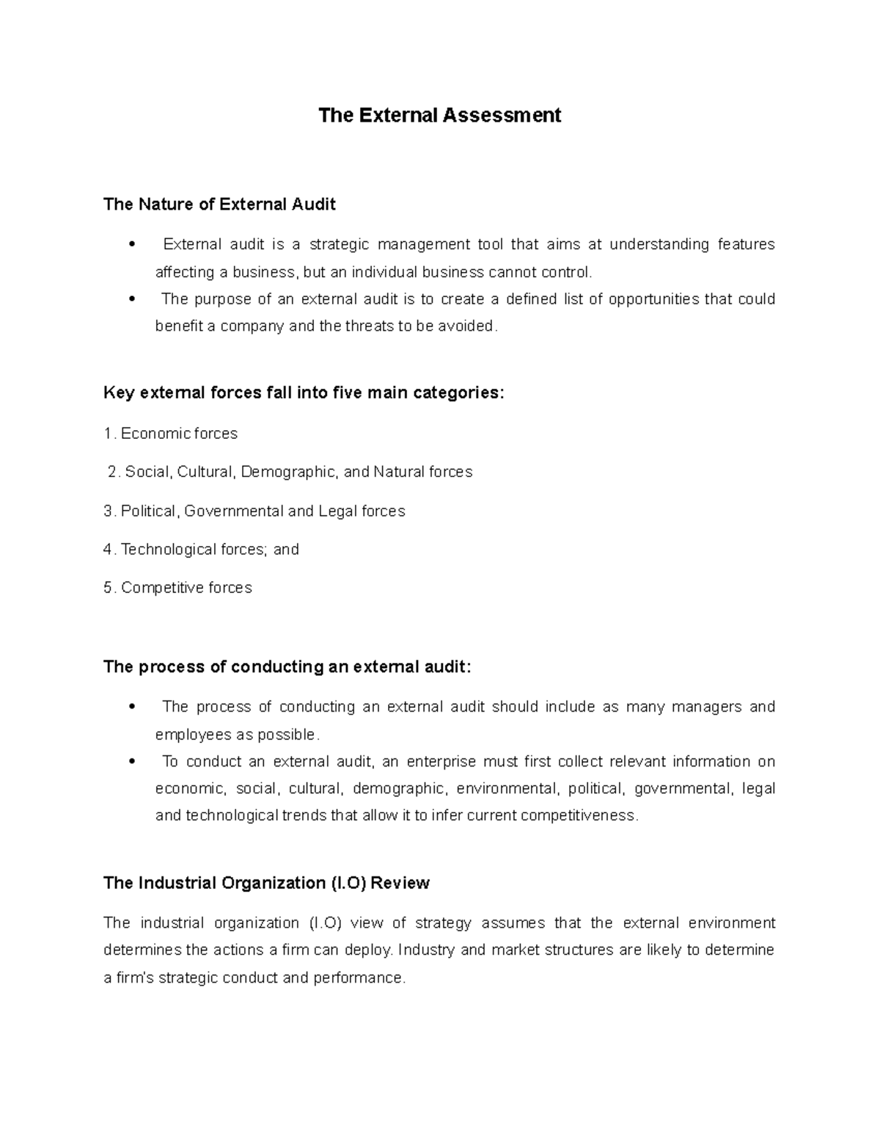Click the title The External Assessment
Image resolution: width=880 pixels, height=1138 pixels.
click(x=439, y=116)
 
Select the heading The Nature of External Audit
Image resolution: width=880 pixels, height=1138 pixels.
click(x=219, y=204)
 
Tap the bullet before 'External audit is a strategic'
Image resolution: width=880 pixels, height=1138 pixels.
click(x=132, y=245)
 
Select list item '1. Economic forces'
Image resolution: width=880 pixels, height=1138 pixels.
click(x=171, y=434)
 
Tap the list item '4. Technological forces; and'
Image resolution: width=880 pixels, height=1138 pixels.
click(x=202, y=550)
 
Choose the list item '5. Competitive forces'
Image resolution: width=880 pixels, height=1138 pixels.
click(x=178, y=588)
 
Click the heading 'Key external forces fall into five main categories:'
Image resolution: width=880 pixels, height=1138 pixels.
click(x=304, y=394)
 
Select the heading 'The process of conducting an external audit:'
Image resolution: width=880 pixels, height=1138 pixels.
click(x=287, y=667)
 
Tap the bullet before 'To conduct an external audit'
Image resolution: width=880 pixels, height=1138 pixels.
click(x=132, y=762)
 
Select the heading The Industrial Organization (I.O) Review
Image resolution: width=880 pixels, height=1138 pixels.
click(x=266, y=883)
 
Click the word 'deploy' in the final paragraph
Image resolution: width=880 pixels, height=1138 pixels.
click(x=370, y=950)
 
